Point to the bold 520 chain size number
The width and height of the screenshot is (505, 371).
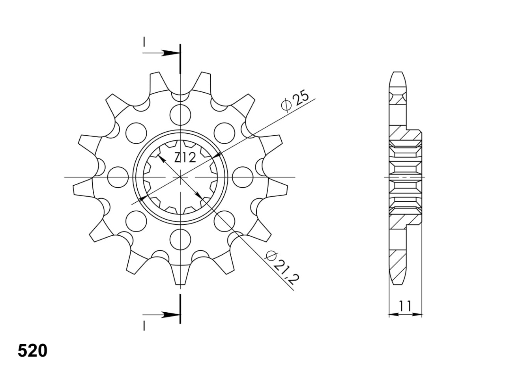tap(33, 351)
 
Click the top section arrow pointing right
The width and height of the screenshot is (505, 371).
tap(161, 53)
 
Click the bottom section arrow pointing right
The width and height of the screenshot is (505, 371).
tap(161, 315)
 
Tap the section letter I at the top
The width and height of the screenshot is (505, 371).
tap(144, 42)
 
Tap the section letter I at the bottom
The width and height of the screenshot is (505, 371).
tap(144, 326)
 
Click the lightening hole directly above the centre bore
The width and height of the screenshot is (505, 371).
tap(180, 115)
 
